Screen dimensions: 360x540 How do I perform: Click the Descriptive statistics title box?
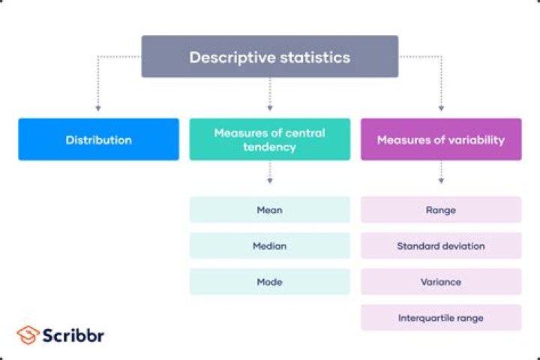click(270, 57)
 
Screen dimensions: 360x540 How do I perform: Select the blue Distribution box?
click(98, 139)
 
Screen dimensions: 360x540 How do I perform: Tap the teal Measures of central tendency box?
click(270, 139)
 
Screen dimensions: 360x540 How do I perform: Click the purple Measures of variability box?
click(440, 139)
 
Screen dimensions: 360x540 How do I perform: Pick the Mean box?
click(270, 210)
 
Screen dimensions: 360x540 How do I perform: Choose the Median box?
click(270, 246)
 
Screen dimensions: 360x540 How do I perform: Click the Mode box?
click(270, 282)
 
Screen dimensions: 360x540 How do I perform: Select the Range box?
click(440, 210)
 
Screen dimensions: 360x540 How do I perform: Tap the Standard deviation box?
click(440, 246)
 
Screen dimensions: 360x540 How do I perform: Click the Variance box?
click(440, 282)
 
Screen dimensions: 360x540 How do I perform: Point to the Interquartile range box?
click(440, 318)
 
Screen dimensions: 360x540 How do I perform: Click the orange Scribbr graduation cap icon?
click(28, 334)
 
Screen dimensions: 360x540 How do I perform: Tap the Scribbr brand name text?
click(73, 334)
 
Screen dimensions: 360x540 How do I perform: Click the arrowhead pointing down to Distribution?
click(98, 109)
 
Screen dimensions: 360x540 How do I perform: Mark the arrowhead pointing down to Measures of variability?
click(441, 109)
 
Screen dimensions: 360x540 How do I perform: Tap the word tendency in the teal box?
click(270, 147)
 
